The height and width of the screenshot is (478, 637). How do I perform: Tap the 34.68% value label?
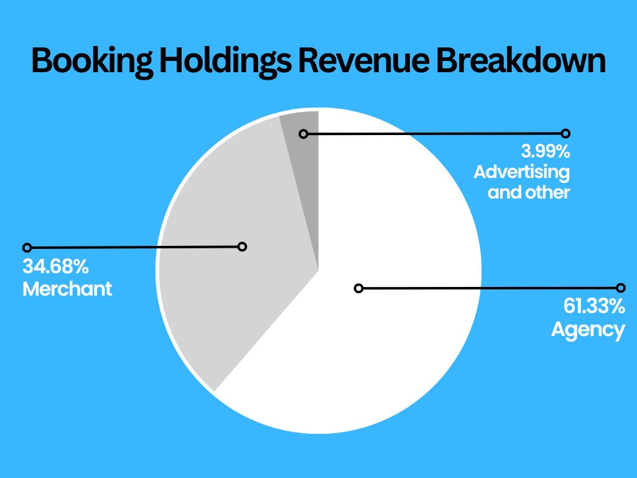click(x=55, y=267)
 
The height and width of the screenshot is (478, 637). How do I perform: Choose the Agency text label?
click(x=588, y=329)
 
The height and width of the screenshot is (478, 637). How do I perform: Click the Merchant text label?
click(x=67, y=289)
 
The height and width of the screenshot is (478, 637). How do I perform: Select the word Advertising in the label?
click(x=521, y=171)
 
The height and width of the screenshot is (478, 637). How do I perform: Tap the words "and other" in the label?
click(x=529, y=192)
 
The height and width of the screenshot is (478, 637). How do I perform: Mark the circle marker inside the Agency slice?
click(x=358, y=288)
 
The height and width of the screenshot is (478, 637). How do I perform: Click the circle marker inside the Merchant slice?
click(x=243, y=246)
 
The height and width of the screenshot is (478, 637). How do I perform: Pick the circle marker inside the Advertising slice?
click(x=304, y=134)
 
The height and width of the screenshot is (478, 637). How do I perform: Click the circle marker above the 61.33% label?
click(x=620, y=288)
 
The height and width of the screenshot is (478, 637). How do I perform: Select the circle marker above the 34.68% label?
click(x=26, y=248)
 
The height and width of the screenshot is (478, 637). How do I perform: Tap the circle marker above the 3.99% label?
click(x=565, y=133)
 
